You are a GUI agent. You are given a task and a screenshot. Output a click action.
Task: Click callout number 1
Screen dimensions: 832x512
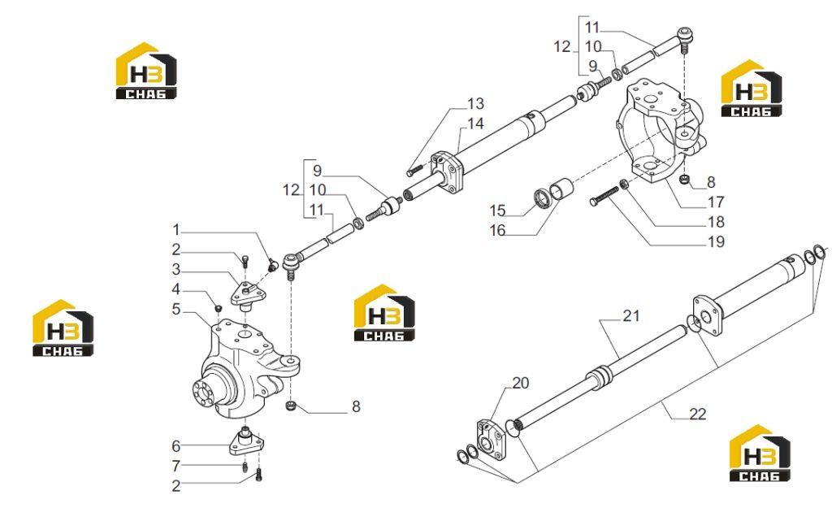(176, 230)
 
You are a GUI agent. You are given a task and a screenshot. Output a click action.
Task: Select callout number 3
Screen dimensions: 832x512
(176, 270)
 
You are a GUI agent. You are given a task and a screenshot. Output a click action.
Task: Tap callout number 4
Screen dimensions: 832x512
(176, 289)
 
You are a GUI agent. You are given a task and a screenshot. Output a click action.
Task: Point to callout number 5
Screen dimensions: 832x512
(176, 310)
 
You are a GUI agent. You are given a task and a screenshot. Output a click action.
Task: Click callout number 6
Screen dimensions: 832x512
(176, 446)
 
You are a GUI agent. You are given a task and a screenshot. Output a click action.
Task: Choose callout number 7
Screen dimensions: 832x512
(176, 466)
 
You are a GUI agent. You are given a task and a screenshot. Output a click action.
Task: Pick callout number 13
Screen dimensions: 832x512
(475, 103)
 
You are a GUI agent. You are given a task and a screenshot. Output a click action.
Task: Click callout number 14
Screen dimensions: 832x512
(475, 124)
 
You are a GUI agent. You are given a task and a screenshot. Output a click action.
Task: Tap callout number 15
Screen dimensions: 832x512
(497, 210)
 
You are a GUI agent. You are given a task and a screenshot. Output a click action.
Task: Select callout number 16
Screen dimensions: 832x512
(497, 231)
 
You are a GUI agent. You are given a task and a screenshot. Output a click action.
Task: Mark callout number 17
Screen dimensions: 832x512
(716, 202)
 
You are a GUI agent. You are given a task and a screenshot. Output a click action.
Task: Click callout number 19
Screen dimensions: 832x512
(716, 242)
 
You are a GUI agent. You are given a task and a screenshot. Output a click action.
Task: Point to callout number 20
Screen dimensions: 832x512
(521, 383)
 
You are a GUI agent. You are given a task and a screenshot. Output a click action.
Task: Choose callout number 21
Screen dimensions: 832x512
(630, 316)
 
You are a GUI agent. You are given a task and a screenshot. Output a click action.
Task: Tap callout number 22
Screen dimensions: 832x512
(698, 414)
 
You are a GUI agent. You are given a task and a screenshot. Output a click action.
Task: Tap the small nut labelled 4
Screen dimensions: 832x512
(217, 308)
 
